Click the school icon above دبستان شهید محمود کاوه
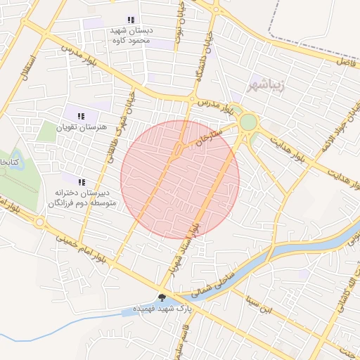pyautogui.click(x=129, y=20)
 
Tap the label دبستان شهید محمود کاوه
pyautogui.click(x=129, y=36)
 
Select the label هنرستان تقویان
pyautogui.click(x=103, y=127)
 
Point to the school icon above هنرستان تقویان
pyautogui.click(x=81, y=116)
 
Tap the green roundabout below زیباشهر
pyautogui.click(x=248, y=123)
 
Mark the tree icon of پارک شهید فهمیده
pyautogui.click(x=162, y=298)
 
